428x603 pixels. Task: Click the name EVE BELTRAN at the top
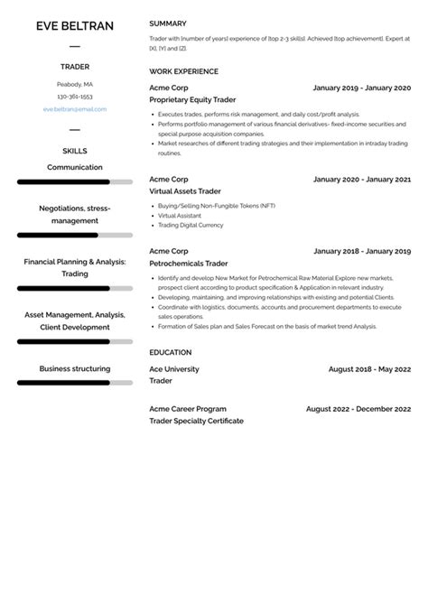[74, 26]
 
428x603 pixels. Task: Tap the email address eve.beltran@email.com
[74, 109]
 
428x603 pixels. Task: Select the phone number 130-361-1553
[74, 97]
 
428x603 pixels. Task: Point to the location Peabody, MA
[74, 84]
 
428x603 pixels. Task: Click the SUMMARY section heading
[168, 23]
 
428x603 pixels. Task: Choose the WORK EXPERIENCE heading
[183, 71]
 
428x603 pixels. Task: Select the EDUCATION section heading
[171, 352]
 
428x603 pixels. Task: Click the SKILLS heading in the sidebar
[74, 151]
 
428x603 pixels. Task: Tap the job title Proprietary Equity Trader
[191, 101]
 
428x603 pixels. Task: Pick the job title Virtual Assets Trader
[184, 192]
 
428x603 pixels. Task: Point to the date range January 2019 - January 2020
[361, 88]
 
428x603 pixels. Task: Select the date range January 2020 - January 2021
[361, 179]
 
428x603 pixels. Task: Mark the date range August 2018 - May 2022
[369, 368]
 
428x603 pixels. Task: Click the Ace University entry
[174, 368]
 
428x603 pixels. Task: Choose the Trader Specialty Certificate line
[196, 421]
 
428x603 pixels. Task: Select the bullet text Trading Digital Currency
[191, 225]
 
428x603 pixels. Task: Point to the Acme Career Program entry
[188, 409]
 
